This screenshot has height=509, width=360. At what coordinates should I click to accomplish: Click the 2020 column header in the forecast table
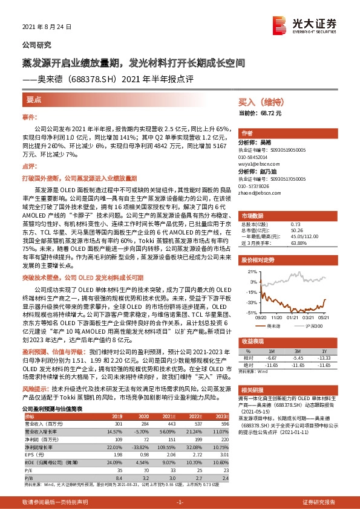click(x=140, y=415)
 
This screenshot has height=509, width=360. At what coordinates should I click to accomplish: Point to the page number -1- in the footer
click(x=179, y=502)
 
